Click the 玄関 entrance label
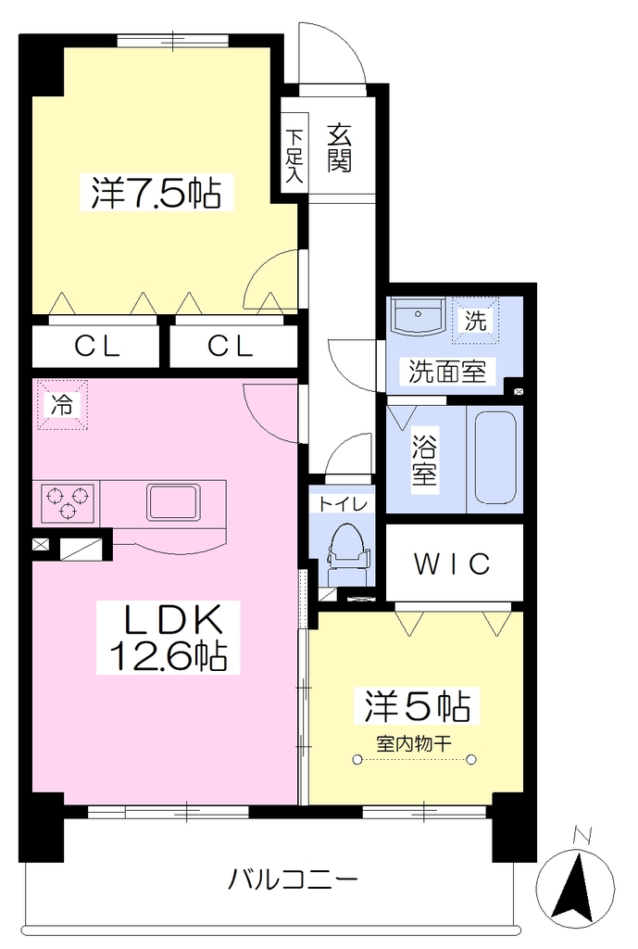click(340, 147)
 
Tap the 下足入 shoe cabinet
click(295, 153)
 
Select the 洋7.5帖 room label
click(156, 193)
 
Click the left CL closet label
click(96, 347)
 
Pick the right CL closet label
click(230, 347)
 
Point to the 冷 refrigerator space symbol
click(61, 404)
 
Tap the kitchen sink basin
click(172, 502)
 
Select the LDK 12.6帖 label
click(169, 638)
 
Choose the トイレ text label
click(343, 503)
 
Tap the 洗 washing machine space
click(476, 320)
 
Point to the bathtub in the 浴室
click(495, 458)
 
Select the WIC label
click(453, 564)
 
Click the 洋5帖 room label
click(418, 705)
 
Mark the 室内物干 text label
click(414, 742)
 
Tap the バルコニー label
click(293, 879)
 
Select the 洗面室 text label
click(447, 371)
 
